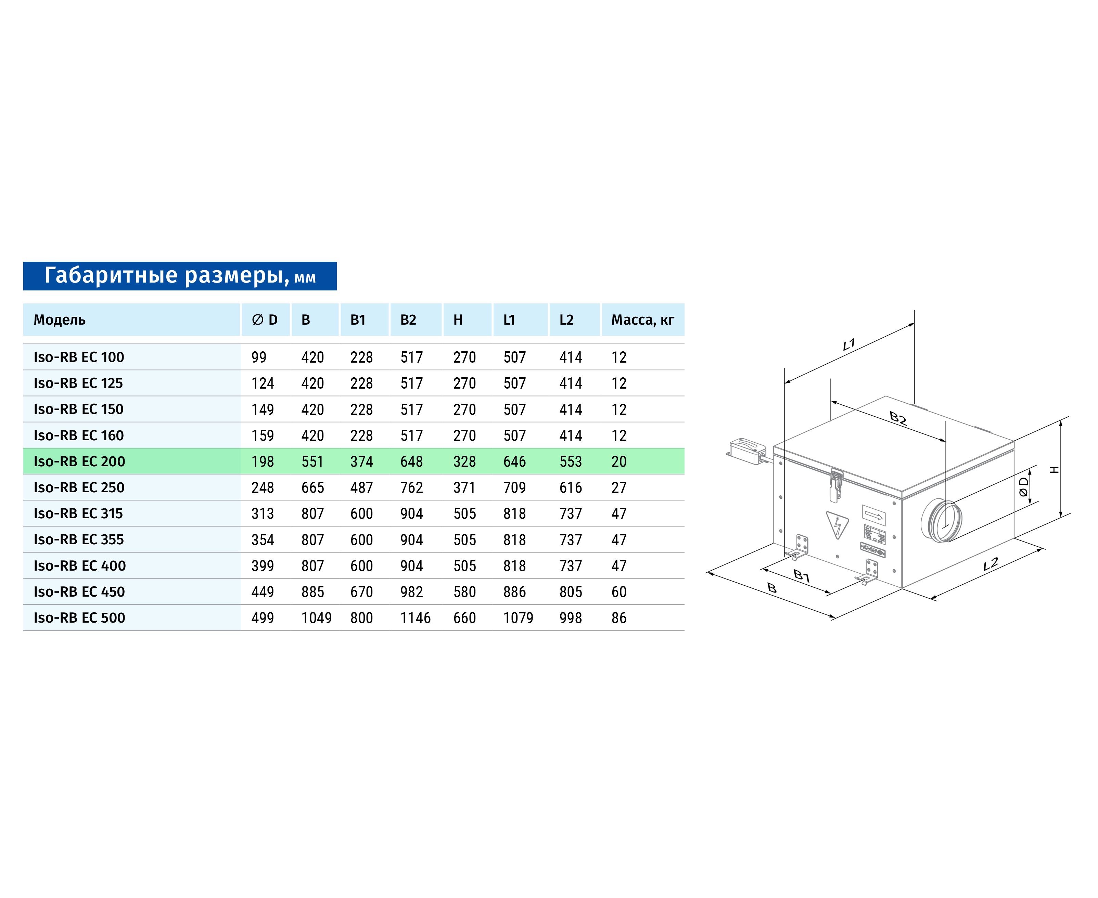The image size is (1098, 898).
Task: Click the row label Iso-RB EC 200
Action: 79,461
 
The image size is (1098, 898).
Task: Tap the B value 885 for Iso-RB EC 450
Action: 312,592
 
